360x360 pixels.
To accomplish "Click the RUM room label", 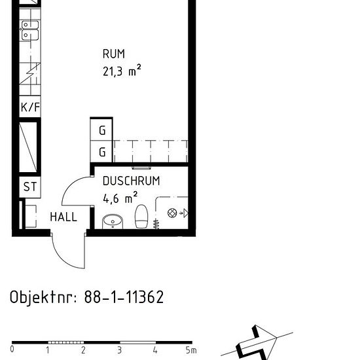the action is click(114, 54).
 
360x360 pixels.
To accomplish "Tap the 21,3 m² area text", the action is click(122, 71).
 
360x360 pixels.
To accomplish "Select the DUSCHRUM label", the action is click(131, 181).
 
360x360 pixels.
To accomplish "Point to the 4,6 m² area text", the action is click(120, 198).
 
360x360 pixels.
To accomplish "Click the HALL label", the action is click(63, 217).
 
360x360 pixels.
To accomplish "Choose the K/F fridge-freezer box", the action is click(30, 107).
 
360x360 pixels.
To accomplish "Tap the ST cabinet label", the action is click(30, 187).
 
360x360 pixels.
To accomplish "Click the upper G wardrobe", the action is click(101, 129).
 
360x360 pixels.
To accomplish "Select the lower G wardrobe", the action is click(101, 152).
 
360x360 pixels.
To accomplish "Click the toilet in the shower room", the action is click(141, 217).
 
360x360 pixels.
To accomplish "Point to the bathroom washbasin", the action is click(113, 221).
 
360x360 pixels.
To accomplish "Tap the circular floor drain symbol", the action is click(172, 213).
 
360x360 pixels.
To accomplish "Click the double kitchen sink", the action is click(30, 30).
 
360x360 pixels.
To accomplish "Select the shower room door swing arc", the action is click(69, 186).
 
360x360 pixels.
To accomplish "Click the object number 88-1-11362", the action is click(124, 297).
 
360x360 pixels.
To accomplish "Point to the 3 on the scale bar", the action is click(119, 350).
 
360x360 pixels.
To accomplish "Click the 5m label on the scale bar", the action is click(191, 350).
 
